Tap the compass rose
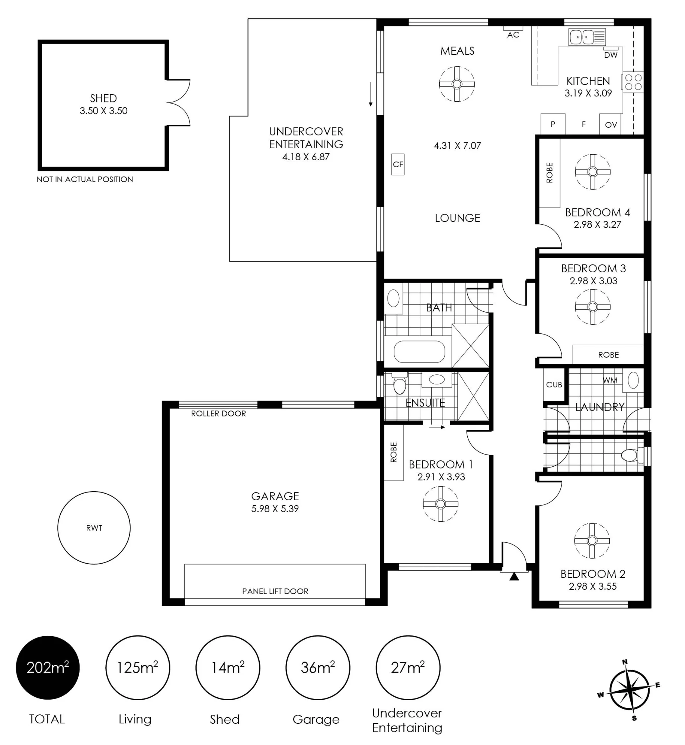click(x=629, y=695)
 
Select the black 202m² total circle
click(x=48, y=668)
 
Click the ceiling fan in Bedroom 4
click(x=593, y=172)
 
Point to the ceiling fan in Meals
click(x=457, y=84)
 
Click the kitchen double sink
click(x=587, y=37)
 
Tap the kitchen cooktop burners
click(x=634, y=82)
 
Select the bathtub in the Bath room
click(x=419, y=352)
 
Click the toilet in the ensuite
click(x=400, y=383)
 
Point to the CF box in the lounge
click(x=398, y=164)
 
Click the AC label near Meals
click(x=513, y=35)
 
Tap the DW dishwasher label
click(x=611, y=55)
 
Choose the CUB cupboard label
click(x=554, y=385)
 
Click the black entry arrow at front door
click(x=514, y=576)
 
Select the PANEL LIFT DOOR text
click(x=275, y=591)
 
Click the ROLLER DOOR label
click(x=218, y=413)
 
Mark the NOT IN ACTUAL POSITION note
click(x=85, y=179)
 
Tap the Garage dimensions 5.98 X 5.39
click(x=275, y=508)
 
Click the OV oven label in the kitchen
click(x=611, y=125)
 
